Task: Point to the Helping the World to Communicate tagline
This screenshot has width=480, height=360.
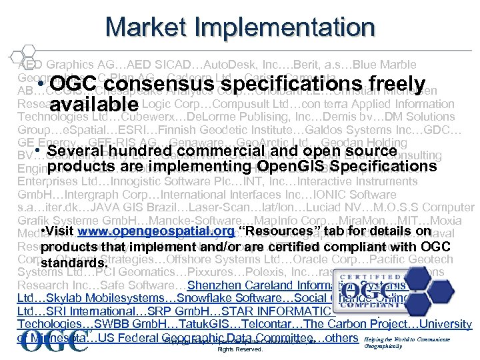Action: click(x=407, y=339)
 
